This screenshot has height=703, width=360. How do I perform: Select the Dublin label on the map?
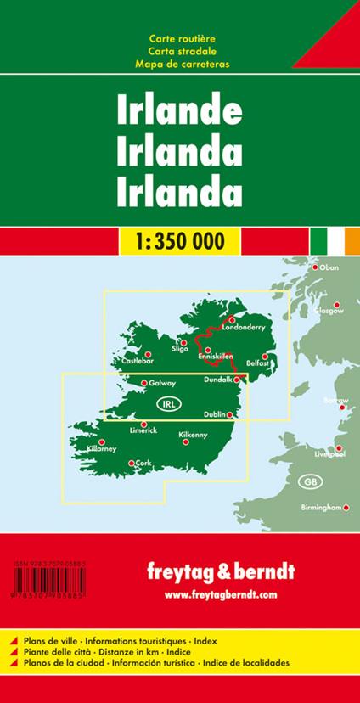click(216, 414)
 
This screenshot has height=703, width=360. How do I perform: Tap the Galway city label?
click(162, 383)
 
